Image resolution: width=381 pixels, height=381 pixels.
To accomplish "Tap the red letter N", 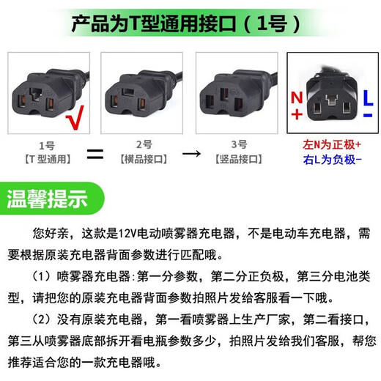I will pos(296,97).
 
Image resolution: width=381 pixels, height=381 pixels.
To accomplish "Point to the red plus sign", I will pos(296,114).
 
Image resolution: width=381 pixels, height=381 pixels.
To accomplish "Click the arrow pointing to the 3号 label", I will pos(190,155).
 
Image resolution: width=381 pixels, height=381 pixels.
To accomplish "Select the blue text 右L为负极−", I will pos(333,159).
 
